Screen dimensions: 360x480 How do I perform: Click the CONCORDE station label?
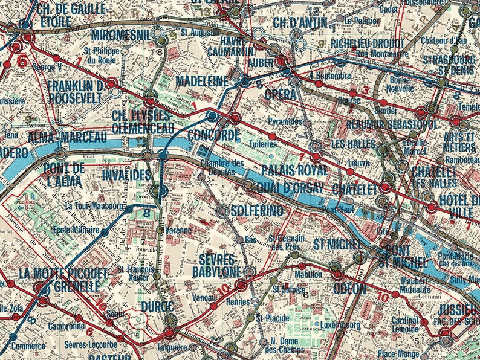click(x=214, y=135)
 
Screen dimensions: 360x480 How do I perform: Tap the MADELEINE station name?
click(x=202, y=81)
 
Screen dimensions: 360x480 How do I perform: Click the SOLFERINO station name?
click(x=258, y=211)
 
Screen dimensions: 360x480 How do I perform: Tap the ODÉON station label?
click(x=349, y=289)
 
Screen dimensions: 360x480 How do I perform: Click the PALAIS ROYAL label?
click(x=295, y=170)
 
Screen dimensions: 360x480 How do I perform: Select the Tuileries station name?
click(x=264, y=144)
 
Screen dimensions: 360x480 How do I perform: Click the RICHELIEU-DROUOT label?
click(x=367, y=43)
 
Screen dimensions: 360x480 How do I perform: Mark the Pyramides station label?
click(x=284, y=121)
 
